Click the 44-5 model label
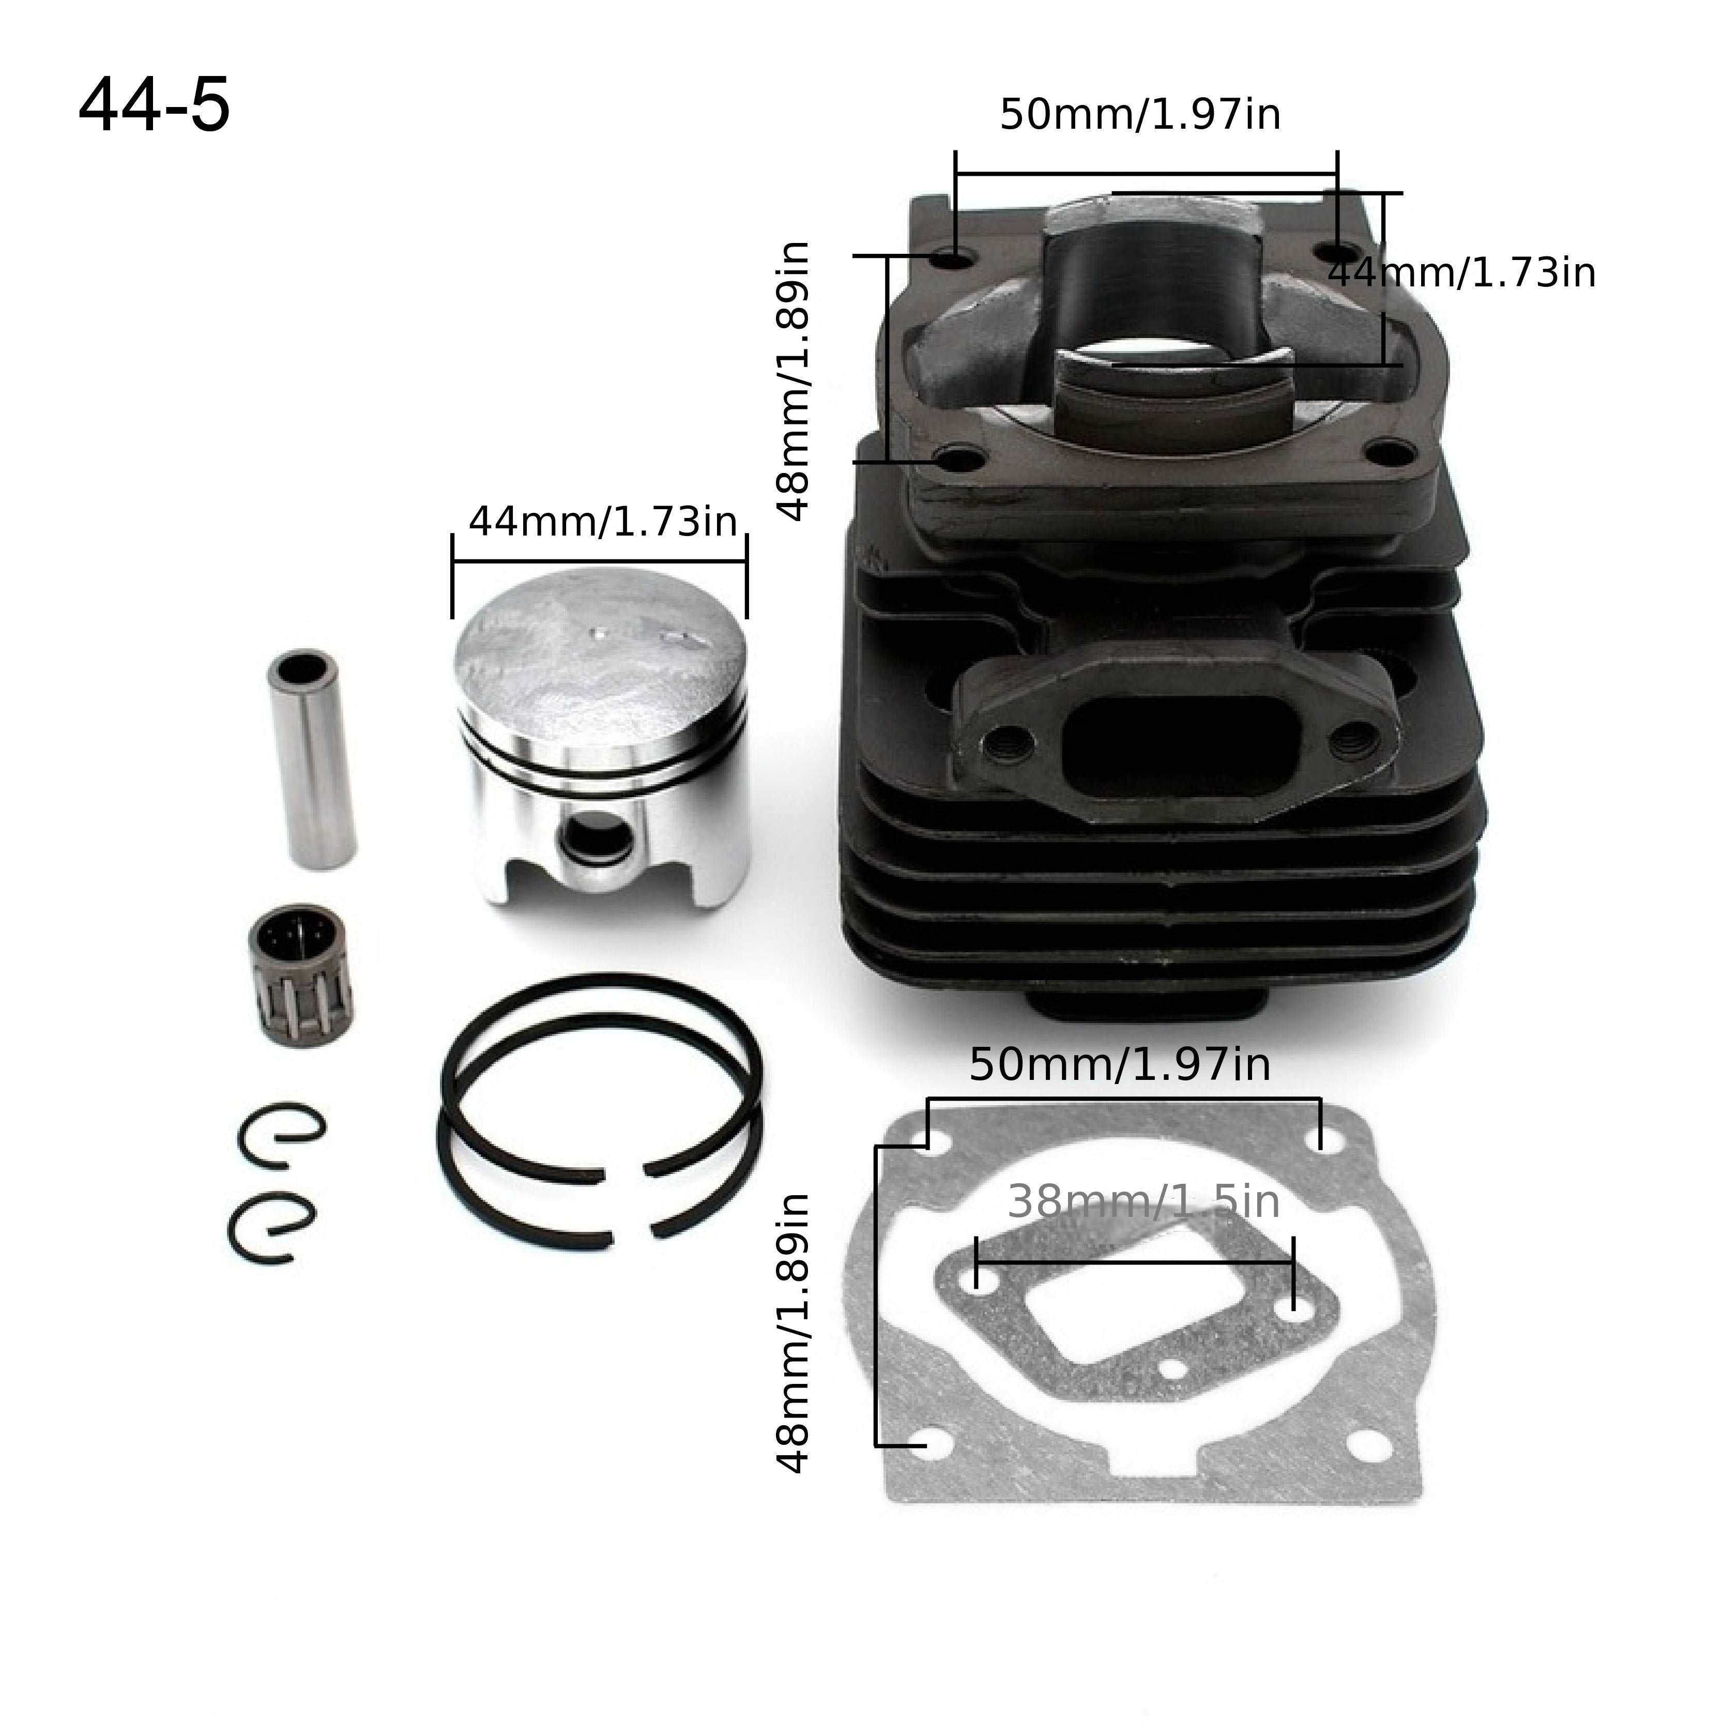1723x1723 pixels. (154, 106)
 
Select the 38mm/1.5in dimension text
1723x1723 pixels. (1143, 1203)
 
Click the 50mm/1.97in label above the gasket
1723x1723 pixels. (1119, 1065)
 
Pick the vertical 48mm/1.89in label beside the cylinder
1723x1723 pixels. (793, 381)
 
